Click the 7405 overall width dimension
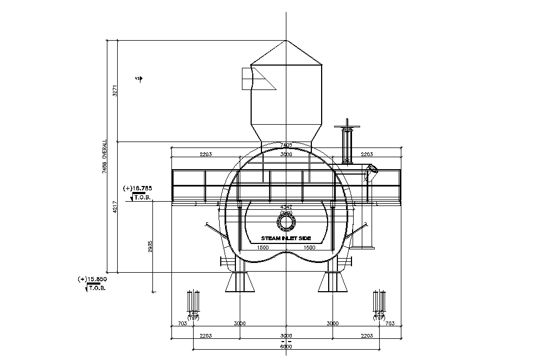(286, 145)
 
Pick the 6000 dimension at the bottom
(286, 346)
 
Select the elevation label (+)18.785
(138, 188)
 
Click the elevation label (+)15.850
(93, 279)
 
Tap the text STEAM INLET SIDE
(286, 239)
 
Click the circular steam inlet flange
(286, 222)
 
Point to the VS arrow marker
(139, 79)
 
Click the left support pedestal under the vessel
(239, 281)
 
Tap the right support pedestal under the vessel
(332, 281)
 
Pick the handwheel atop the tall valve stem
(347, 127)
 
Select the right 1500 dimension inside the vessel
(309, 247)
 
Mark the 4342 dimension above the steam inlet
(286, 207)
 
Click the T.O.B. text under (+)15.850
(97, 288)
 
